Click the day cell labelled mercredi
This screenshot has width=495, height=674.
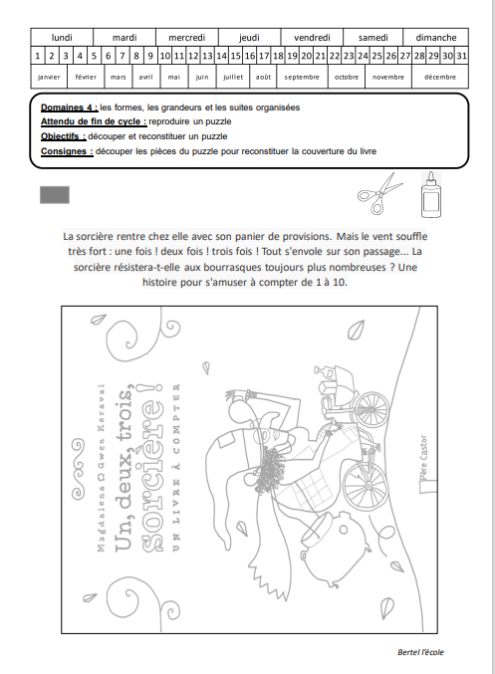tap(187, 38)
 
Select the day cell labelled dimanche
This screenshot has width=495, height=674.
tap(435, 38)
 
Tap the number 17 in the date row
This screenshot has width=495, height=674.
tap(264, 56)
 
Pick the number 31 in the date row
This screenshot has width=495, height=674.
tap(462, 56)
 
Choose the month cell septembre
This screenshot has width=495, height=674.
tap(302, 77)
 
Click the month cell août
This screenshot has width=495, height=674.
tap(263, 77)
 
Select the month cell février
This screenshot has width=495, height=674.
tap(86, 77)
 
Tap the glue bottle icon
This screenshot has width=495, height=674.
tap(431, 195)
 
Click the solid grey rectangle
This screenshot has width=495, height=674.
tap(55, 195)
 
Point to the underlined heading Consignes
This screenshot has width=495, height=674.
tap(67, 151)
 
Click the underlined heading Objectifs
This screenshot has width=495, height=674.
tap(63, 136)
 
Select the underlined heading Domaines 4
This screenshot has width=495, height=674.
tap(70, 108)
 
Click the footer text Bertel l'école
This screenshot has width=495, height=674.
tap(420, 652)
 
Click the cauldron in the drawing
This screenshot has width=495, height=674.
tap(336, 549)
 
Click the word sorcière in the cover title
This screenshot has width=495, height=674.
tap(151, 476)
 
